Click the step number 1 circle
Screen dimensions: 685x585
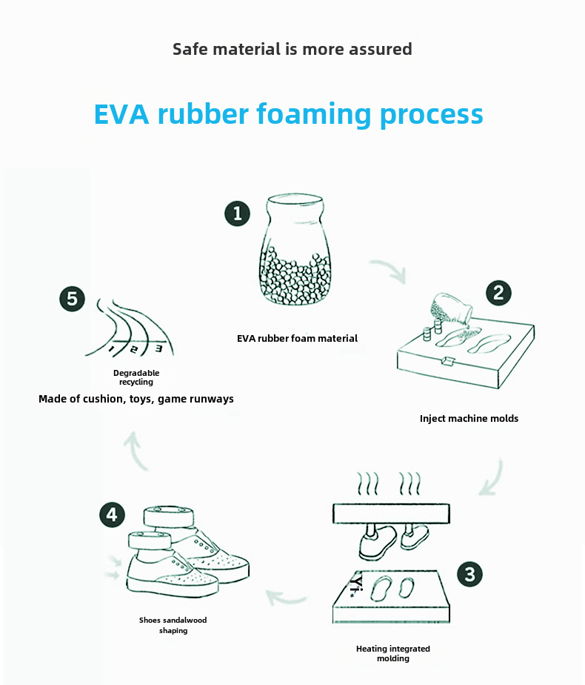click(237, 214)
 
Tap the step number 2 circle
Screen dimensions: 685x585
click(498, 293)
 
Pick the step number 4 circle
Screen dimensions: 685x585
click(112, 514)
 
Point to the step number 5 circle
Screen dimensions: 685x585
click(72, 299)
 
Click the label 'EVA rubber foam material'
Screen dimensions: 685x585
click(297, 339)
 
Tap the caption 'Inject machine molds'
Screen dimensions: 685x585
click(469, 419)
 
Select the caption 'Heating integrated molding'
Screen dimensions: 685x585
click(392, 653)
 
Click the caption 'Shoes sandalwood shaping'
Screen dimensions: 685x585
click(173, 625)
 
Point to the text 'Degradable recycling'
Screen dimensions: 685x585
click(136, 377)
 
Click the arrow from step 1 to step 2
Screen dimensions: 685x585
click(388, 271)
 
